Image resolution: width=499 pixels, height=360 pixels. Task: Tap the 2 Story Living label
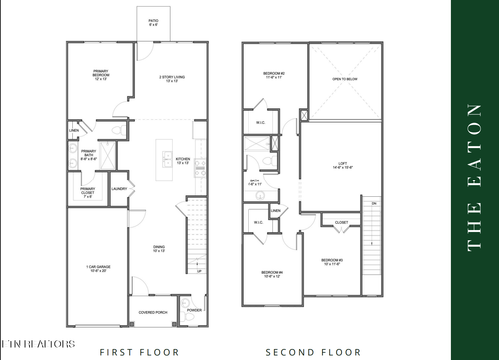click(x=174, y=79)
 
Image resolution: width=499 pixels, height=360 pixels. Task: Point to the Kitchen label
click(x=183, y=160)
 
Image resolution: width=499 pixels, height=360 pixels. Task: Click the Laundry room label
click(x=117, y=188)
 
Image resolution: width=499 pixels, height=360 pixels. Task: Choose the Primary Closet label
click(x=87, y=191)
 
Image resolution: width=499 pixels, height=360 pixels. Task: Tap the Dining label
click(x=159, y=249)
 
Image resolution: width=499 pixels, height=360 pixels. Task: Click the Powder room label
click(x=194, y=310)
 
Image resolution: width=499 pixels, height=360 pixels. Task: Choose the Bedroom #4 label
click(x=272, y=275)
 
